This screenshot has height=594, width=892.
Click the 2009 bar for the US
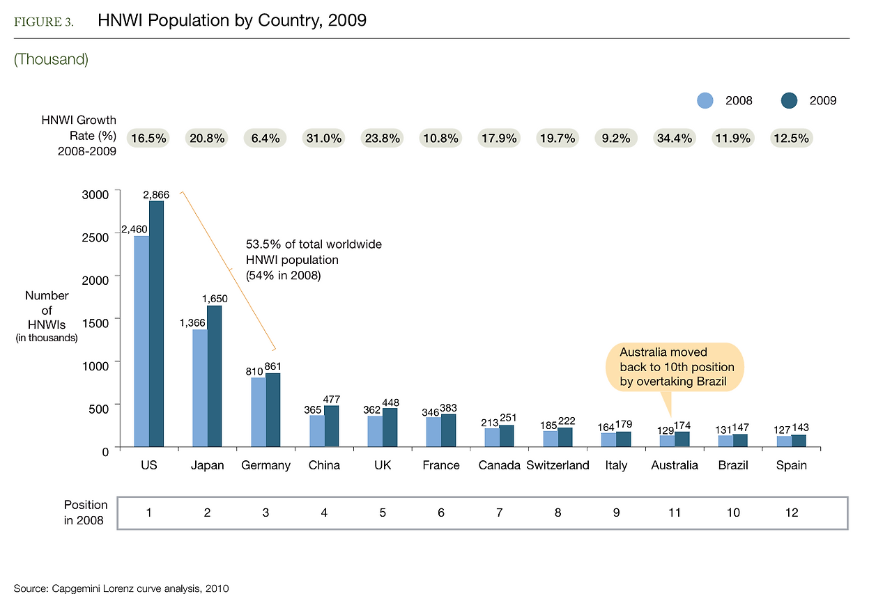[156, 324]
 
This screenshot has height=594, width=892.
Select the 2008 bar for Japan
[200, 388]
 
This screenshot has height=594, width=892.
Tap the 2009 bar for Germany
[273, 410]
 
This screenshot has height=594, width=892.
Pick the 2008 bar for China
[317, 431]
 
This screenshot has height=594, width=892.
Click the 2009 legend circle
[789, 100]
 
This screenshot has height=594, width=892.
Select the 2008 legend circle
[705, 100]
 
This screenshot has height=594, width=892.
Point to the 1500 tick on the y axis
[119, 318]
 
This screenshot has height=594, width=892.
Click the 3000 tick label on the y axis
[96, 194]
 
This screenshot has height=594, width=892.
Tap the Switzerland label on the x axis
[557, 465]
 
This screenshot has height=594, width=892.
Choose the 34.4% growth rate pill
[675, 138]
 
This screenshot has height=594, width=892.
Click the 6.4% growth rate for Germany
[265, 138]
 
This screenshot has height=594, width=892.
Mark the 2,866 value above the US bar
[156, 194]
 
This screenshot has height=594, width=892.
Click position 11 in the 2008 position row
[675, 513]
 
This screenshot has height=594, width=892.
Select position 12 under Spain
[791, 513]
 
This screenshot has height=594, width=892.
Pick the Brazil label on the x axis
[733, 465]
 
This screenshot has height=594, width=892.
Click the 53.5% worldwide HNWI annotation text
[314, 260]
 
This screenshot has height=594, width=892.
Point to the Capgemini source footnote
[121, 588]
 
